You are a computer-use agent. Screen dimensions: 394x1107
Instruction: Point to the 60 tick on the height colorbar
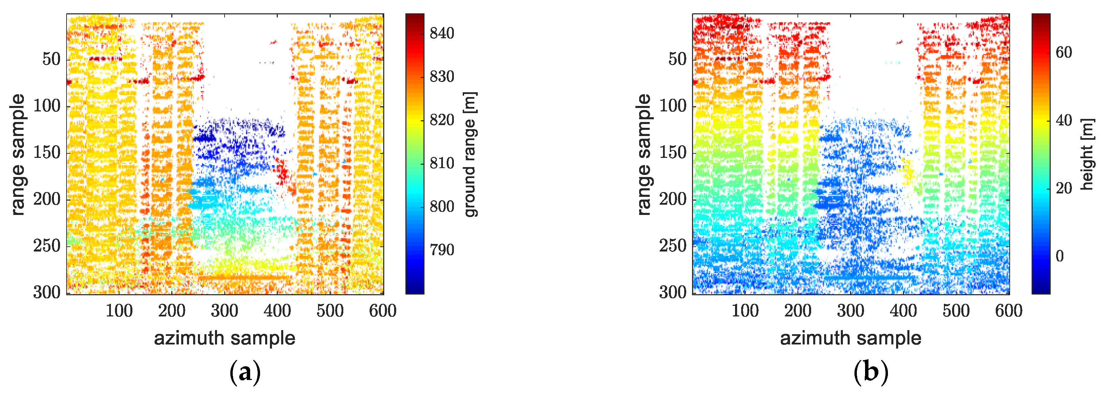coord(1064,53)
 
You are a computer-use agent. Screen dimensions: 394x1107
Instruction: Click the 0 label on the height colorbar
coord(1060,256)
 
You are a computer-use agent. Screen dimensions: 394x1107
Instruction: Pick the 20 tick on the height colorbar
coord(1064,188)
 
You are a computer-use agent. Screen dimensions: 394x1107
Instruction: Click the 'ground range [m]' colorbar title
coord(471,154)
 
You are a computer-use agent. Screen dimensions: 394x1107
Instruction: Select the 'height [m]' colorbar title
coord(1087,154)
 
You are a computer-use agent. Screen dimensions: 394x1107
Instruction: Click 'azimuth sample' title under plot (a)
coord(224,338)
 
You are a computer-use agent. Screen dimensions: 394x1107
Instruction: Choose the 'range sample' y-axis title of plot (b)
coord(643,154)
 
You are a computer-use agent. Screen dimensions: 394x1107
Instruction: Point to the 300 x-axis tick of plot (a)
coord(224,311)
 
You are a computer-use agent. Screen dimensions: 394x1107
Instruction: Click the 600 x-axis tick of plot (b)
coord(1009,311)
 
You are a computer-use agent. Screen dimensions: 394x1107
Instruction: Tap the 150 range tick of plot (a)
coord(47,152)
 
